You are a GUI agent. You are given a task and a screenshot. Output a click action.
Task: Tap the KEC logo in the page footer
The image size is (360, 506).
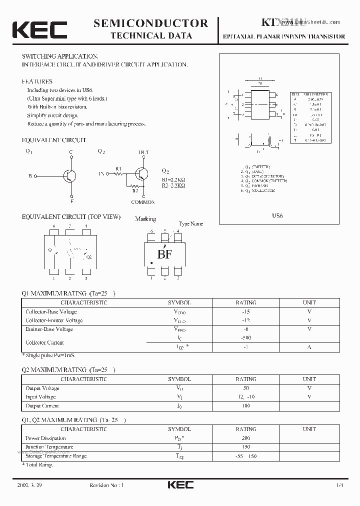[180, 484]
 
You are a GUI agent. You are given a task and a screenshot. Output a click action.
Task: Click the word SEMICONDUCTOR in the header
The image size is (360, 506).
[151, 23]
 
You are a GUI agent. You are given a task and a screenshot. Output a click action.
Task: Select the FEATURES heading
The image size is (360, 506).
[37, 81]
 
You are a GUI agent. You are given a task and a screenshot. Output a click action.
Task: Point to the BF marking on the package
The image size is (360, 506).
[165, 254]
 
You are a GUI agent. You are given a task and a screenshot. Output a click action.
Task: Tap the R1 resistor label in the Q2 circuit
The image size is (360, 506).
[118, 168]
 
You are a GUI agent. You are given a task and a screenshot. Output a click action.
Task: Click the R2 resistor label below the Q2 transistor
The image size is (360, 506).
[134, 190]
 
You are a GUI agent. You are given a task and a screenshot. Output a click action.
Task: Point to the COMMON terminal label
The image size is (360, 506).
[143, 202]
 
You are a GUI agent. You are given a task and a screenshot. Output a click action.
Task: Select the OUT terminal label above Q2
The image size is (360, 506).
[143, 152]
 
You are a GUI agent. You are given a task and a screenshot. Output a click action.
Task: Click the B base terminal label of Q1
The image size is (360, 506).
[30, 176]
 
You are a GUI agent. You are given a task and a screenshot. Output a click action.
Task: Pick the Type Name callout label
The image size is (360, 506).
[191, 224]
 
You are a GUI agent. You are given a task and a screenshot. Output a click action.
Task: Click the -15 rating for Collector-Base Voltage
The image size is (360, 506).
[245, 311]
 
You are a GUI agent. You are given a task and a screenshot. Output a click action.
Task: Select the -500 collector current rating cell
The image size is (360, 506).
[245, 338]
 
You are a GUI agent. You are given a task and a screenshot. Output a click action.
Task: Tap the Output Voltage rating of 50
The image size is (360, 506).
[245, 388]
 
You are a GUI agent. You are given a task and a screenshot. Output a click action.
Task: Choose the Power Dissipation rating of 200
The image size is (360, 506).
[245, 438]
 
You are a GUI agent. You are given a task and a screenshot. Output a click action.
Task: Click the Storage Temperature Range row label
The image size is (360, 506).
[56, 456]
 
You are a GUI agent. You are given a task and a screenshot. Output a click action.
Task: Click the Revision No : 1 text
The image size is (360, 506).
[106, 485]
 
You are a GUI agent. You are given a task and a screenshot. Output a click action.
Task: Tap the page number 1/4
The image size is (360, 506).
[340, 485]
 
